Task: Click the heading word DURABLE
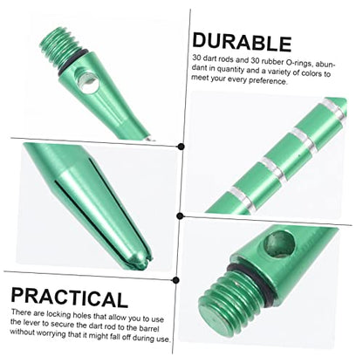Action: [242, 42]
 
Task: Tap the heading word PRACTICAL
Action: [69, 298]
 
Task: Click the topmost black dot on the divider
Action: [181, 147]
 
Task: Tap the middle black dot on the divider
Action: [180, 216]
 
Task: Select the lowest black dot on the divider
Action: [175, 280]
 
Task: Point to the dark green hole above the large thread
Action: [279, 244]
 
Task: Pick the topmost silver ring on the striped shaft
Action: [334, 109]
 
